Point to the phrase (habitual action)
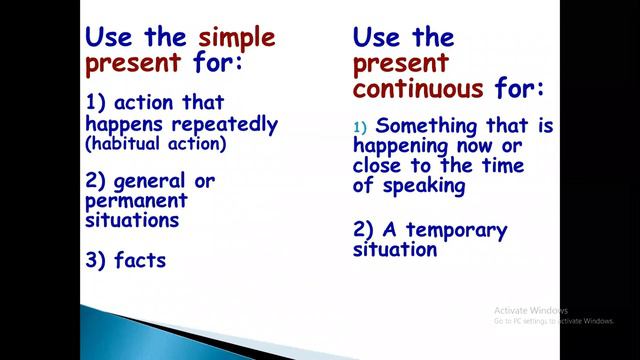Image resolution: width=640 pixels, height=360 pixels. tap(156, 144)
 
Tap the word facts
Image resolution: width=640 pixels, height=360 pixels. tap(141, 260)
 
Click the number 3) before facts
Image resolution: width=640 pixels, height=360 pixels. tap(97, 260)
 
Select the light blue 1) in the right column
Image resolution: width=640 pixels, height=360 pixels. tap(360, 126)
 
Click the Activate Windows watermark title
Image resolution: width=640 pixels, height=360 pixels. tap(531, 310)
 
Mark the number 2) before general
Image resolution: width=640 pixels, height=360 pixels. tap(97, 180)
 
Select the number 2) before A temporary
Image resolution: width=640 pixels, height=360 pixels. tap(365, 230)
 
